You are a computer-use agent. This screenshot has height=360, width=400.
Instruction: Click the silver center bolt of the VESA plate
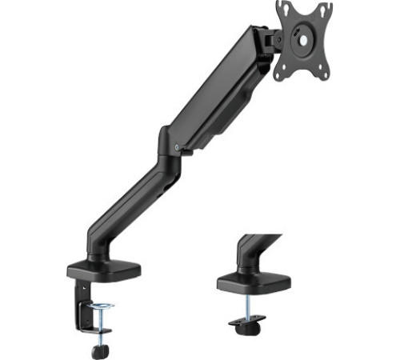point(302,35)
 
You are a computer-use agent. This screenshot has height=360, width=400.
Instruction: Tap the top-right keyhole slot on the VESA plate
point(324,9)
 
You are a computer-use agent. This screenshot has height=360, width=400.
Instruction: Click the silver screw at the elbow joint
point(177,146)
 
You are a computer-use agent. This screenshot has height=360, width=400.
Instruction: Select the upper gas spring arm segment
point(216,96)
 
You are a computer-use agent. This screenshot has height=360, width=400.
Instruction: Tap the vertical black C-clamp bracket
point(80,304)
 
